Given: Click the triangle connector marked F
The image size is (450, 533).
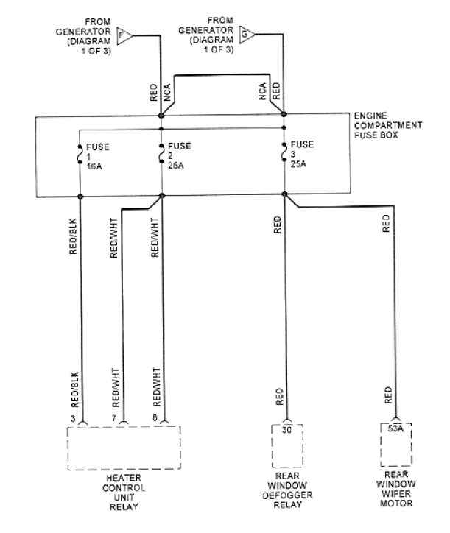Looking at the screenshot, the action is click(x=123, y=35).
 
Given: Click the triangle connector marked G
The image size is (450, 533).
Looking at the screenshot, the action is click(x=245, y=35).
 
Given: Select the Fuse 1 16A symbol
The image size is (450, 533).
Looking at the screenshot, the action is click(x=80, y=155).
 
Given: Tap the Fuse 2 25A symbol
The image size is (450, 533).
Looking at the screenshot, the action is click(x=161, y=153).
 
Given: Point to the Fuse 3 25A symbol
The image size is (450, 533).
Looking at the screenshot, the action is click(x=284, y=152).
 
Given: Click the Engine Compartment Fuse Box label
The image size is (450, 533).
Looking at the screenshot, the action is click(x=388, y=125).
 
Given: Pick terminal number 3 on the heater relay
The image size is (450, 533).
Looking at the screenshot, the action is click(x=73, y=418).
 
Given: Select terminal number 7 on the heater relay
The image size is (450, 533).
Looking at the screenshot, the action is click(x=114, y=418).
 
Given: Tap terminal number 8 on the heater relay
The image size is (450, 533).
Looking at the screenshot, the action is click(x=155, y=417).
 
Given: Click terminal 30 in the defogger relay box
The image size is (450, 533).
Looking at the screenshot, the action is click(x=286, y=430).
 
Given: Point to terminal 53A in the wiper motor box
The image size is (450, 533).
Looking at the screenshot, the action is click(x=395, y=428).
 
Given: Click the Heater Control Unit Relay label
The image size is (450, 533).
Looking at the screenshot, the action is click(x=124, y=493).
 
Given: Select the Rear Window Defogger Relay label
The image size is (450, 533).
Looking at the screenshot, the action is click(x=287, y=490).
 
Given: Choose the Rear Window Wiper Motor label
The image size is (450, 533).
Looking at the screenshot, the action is click(x=396, y=489).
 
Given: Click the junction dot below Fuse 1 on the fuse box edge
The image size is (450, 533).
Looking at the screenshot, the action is click(x=80, y=197).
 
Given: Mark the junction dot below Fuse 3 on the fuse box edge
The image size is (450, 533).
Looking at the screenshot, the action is click(x=285, y=194).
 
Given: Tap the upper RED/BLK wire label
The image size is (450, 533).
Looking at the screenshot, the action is click(x=73, y=236).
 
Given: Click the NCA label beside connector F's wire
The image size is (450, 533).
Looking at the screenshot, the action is click(x=166, y=93).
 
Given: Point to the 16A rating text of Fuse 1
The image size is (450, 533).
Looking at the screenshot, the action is click(x=94, y=166).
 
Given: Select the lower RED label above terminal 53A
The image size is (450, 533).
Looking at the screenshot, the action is click(x=388, y=395).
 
